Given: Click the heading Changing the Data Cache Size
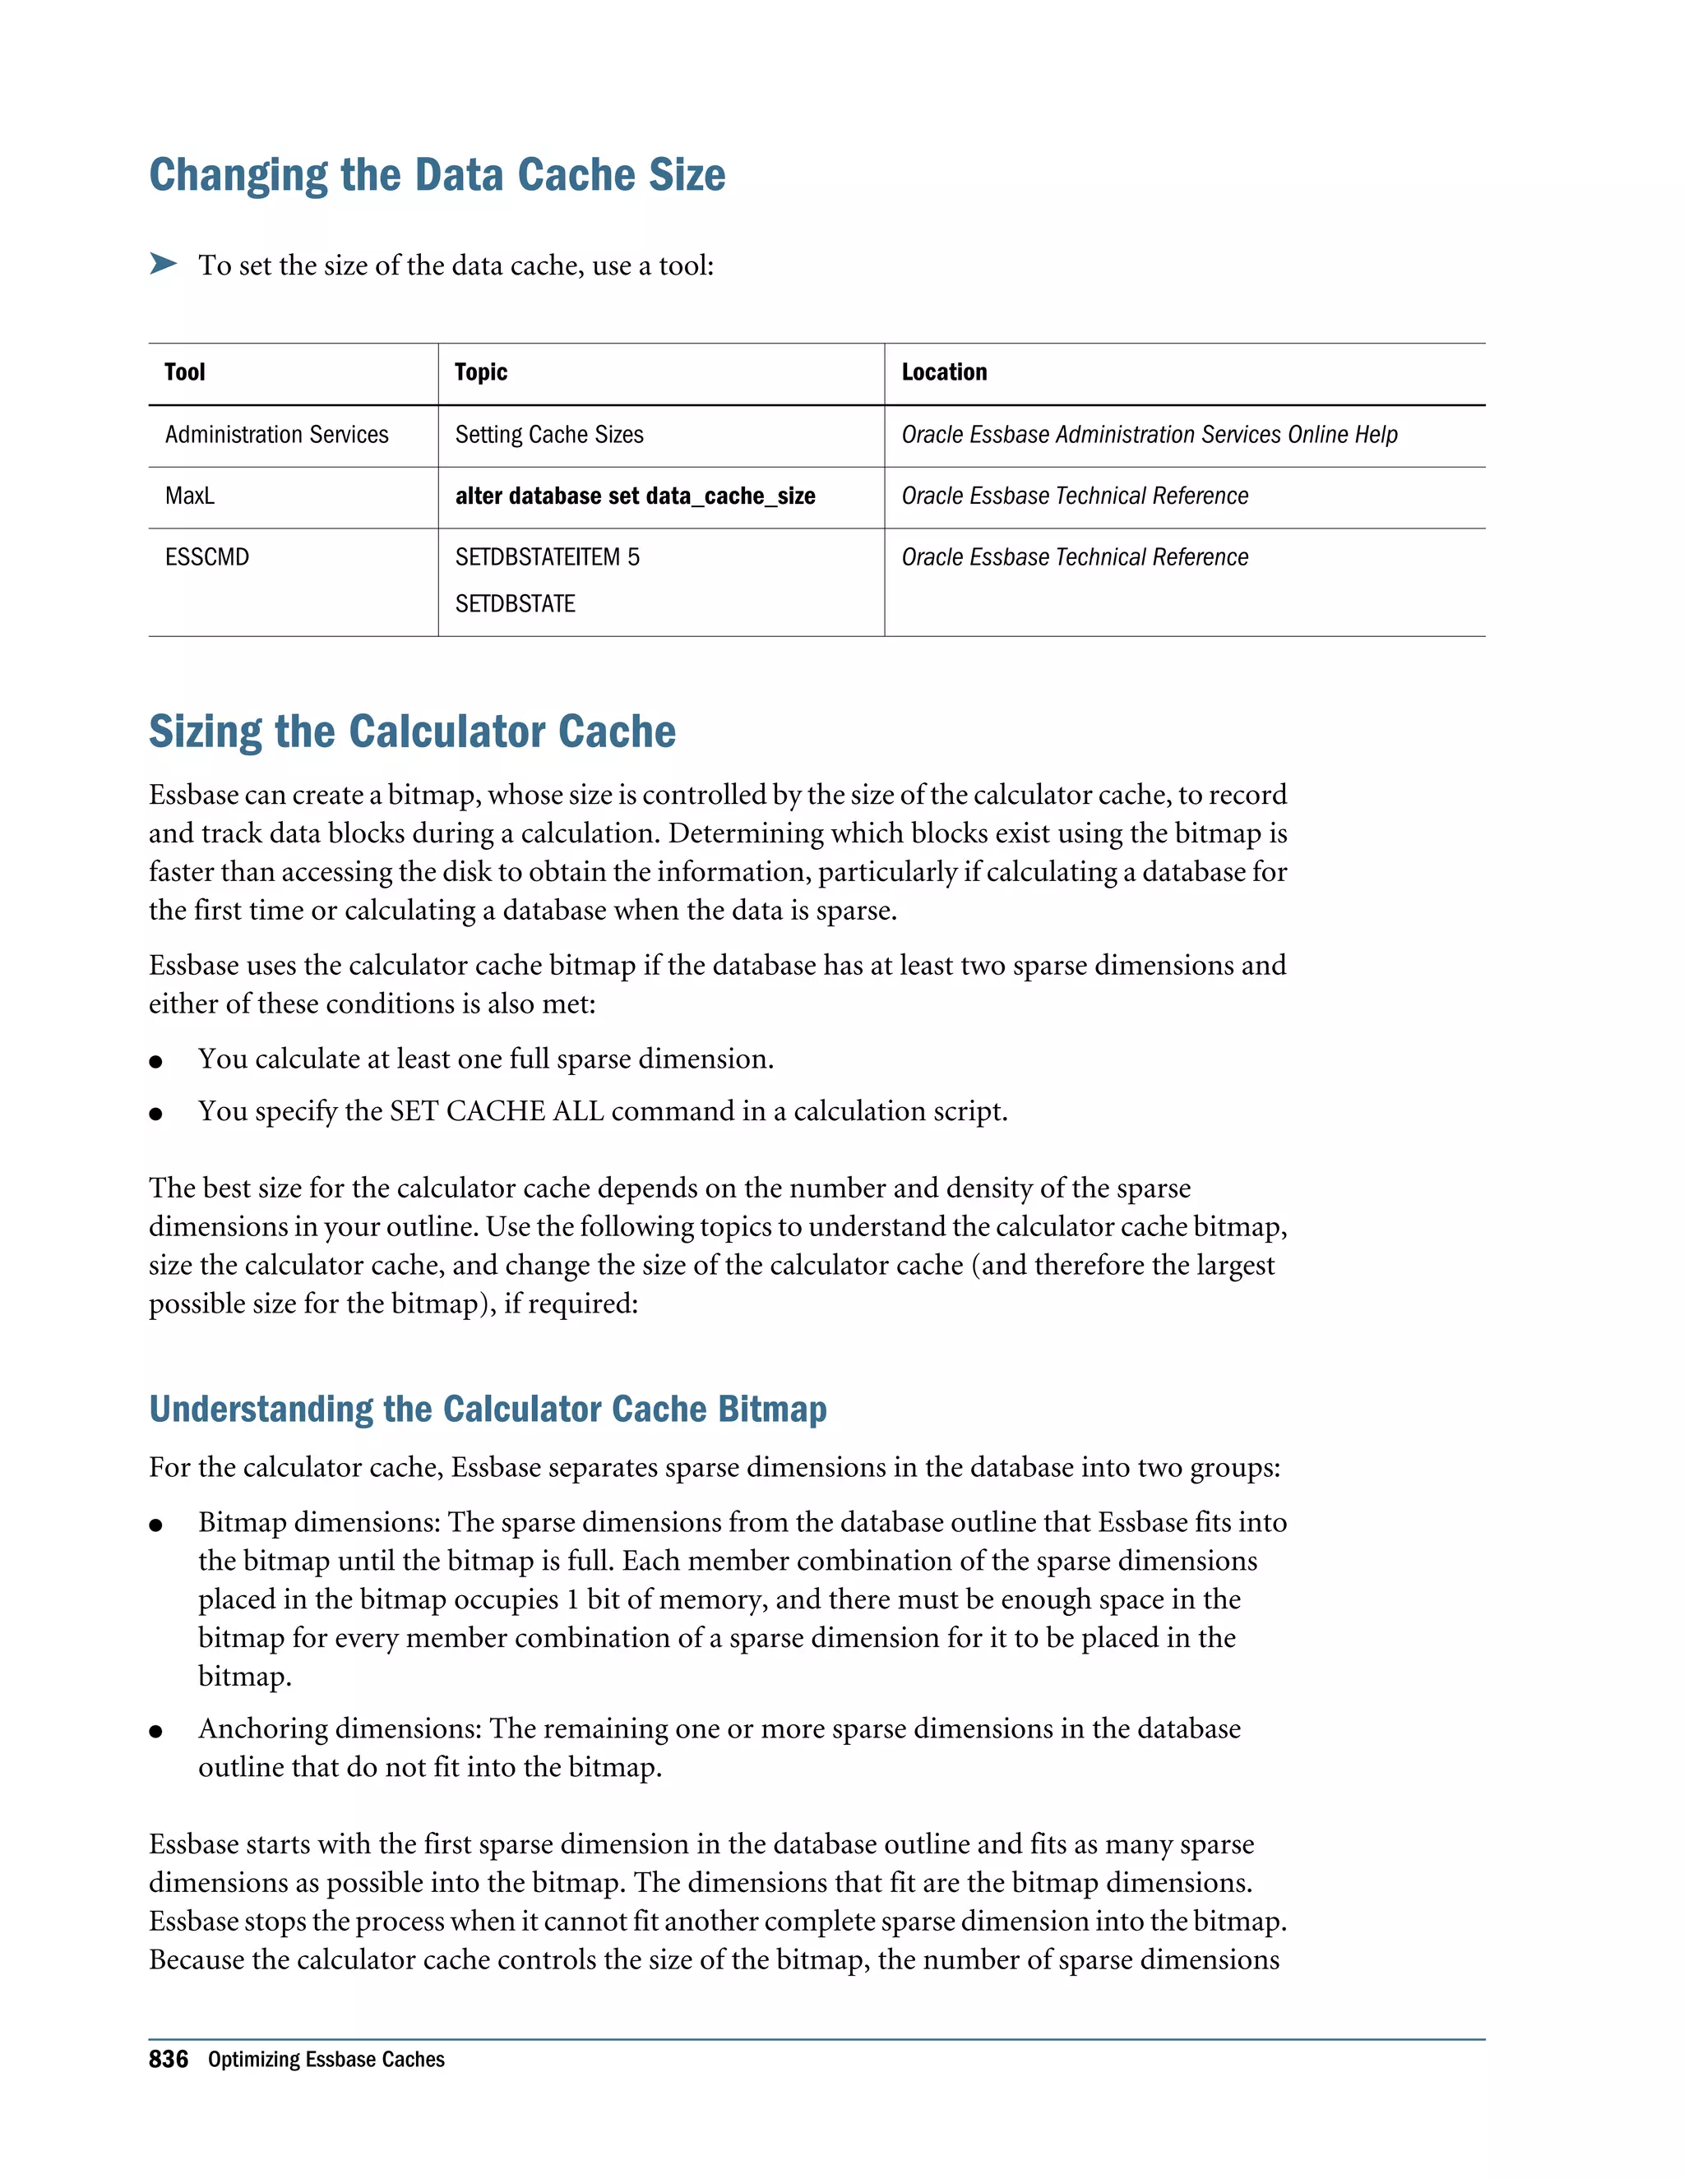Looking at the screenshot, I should click(x=437, y=176).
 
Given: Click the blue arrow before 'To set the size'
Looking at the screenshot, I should click(x=163, y=265).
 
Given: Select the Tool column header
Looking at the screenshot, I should click(x=184, y=373).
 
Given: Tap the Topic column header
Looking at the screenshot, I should click(x=481, y=373).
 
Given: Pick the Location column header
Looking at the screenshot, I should click(x=944, y=373).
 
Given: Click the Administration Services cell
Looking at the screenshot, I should click(x=276, y=435).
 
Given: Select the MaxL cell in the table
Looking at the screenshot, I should click(x=190, y=496).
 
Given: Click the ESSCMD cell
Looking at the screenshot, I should click(x=206, y=557).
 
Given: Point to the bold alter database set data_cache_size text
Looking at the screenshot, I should click(x=635, y=496).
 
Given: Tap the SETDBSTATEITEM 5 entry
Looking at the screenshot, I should click(x=547, y=557).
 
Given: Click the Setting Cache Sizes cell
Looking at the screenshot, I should click(x=548, y=435).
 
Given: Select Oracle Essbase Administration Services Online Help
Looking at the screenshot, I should click(x=1148, y=435).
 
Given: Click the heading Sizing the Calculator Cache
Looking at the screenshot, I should click(x=412, y=732).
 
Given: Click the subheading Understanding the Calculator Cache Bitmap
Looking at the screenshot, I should click(x=488, y=1409).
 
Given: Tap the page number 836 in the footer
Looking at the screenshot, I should click(x=168, y=2060).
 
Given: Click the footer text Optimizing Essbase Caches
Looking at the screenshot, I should click(x=326, y=2060).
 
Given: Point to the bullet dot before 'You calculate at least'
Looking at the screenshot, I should click(x=155, y=1062).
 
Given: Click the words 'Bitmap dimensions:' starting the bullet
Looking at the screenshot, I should click(x=319, y=1522).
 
